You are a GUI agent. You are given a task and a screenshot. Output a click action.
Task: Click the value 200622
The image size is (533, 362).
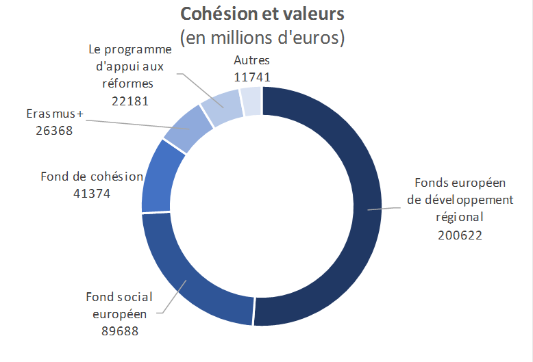(x=460, y=235)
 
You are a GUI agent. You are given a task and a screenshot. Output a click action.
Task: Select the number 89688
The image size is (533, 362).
(x=119, y=331)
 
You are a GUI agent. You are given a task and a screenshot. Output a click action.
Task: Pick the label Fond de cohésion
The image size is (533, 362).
(x=92, y=177)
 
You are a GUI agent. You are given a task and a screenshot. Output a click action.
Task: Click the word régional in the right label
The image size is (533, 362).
(x=460, y=218)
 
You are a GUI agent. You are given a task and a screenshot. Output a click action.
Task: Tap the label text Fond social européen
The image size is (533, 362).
(x=119, y=305)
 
